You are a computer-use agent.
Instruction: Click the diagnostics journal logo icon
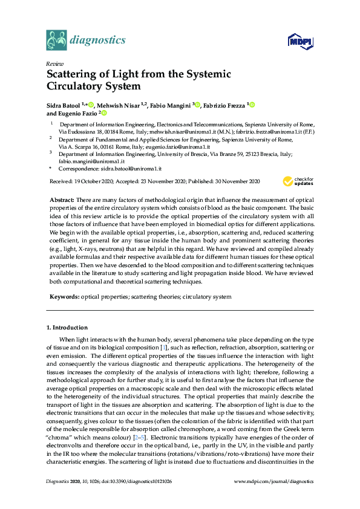(x=56, y=41)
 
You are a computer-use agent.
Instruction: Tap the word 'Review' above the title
(x=55, y=63)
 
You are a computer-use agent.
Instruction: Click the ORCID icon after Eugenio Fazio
(x=104, y=113)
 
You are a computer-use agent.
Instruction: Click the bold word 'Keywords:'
(x=64, y=297)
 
